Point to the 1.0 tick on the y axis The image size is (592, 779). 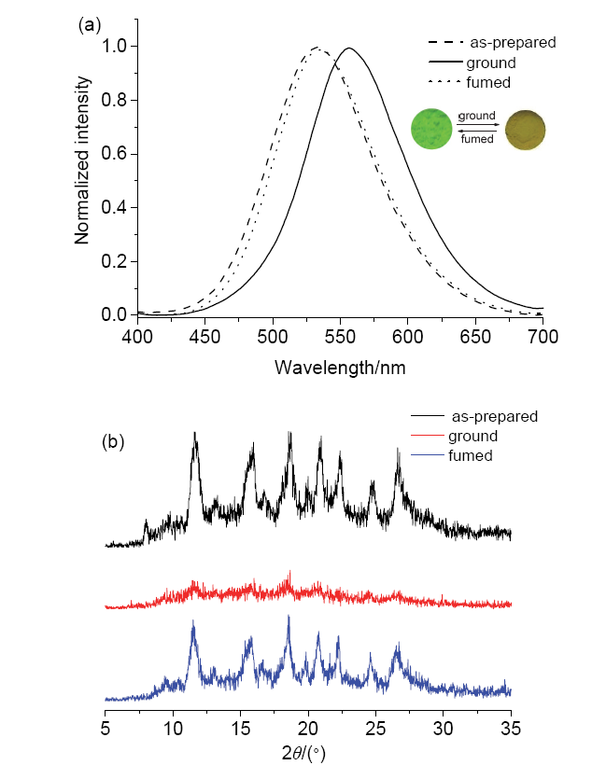[x=116, y=47]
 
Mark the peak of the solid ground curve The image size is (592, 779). [x=349, y=48]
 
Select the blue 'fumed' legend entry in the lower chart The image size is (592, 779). [x=472, y=455]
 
